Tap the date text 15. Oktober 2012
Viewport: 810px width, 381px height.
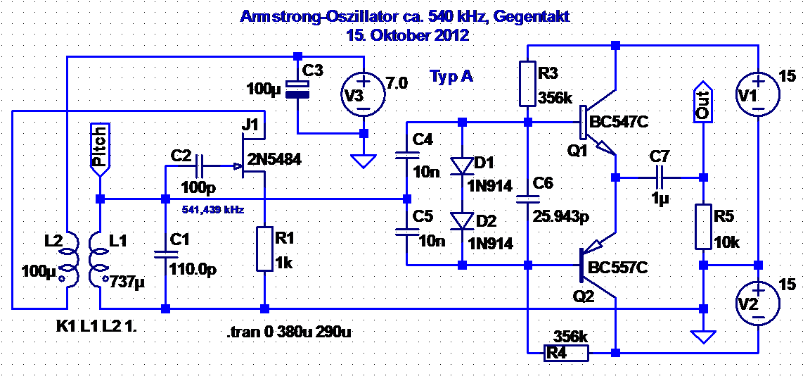pyautogui.click(x=407, y=35)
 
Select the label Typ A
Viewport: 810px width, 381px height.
pyautogui.click(x=451, y=77)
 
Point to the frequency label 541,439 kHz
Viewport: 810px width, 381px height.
pyautogui.click(x=212, y=210)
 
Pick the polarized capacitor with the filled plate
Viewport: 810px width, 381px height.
pyautogui.click(x=297, y=89)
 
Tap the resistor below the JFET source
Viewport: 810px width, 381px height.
pyautogui.click(x=264, y=249)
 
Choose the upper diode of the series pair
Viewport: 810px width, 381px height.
pyautogui.click(x=462, y=165)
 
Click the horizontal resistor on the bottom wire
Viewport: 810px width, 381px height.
pyautogui.click(x=566, y=352)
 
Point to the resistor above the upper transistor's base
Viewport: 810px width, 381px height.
pyautogui.click(x=528, y=84)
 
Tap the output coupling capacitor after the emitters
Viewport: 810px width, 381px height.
pyautogui.click(x=660, y=177)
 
